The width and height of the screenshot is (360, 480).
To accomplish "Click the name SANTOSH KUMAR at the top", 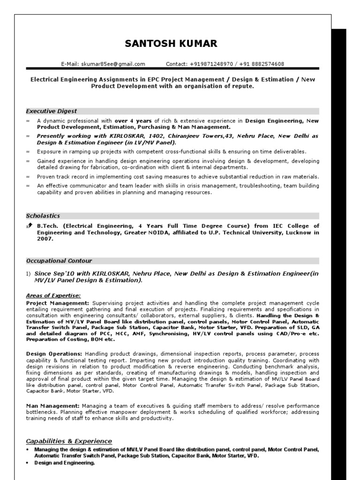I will pos(171,44).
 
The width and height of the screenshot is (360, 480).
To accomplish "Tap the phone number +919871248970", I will pos(211,64).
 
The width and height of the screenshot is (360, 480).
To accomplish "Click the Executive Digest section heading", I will pos(52,111).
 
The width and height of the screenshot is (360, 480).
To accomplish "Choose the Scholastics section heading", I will pos(43,216).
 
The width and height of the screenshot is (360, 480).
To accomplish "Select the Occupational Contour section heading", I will pos(59,261).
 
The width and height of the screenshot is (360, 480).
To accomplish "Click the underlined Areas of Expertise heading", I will pos(53,295).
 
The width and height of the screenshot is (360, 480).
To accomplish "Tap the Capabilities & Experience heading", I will pos(69,441).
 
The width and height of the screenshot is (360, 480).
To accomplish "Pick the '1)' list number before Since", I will pos(29,274).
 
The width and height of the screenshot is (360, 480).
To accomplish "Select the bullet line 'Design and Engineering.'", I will pos(65,463).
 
